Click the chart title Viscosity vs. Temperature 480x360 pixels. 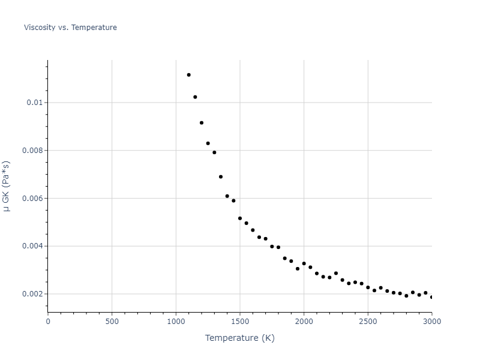tap(70, 28)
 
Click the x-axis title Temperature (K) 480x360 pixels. tap(239, 338)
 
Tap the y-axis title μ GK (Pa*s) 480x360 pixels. tap(7, 186)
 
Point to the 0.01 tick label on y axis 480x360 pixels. tap(35, 103)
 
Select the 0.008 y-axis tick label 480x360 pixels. tap(32, 151)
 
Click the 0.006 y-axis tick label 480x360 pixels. tap(32, 199)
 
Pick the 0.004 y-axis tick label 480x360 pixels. tap(32, 246)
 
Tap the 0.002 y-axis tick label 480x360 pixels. tap(32, 294)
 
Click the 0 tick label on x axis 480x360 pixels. tap(48, 321)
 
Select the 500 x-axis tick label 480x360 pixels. tap(112, 321)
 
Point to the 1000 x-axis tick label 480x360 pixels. tap(176, 321)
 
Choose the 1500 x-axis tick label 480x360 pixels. tap(240, 321)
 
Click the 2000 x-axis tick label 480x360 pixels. tap(304, 321)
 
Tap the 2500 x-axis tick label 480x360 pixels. tap(368, 321)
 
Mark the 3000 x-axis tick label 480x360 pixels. tap(431, 321)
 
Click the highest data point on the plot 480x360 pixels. tap(188, 75)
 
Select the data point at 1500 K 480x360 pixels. tap(240, 218)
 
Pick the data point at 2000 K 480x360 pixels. tap(304, 263)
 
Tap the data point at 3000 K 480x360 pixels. tap(431, 297)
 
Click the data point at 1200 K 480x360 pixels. tap(202, 123)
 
